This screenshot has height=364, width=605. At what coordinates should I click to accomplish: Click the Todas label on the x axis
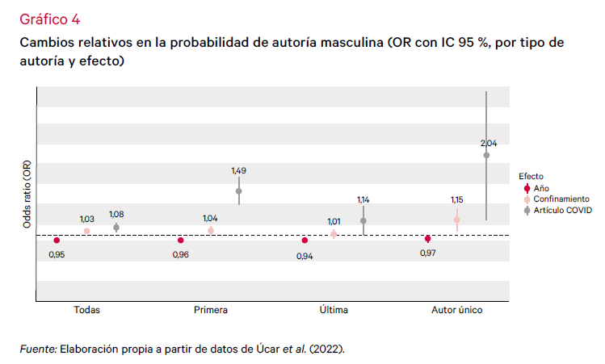coord(86,309)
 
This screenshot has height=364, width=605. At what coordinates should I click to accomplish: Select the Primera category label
coord(211,309)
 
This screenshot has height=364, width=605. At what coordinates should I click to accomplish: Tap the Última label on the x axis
coord(334,309)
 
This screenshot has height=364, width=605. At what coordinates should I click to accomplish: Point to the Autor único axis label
coord(457,309)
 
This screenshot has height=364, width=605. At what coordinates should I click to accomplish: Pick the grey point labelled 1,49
coord(239,191)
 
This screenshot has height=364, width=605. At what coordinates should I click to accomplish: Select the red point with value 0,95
coord(57,241)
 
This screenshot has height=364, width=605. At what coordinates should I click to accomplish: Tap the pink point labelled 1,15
coord(456,220)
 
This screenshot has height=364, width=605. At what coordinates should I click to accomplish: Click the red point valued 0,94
coord(305,241)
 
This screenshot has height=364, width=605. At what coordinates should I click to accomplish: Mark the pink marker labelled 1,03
coord(87,231)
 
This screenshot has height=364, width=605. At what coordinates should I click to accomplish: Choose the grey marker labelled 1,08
coord(116,227)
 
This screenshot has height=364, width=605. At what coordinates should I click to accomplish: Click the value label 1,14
coord(363,199)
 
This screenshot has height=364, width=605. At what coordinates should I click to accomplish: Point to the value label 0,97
coord(428,253)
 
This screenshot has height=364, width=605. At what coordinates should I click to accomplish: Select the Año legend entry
coord(542,187)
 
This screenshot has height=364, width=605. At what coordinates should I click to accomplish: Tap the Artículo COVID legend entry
coord(562,210)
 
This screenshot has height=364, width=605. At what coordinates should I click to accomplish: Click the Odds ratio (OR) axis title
coord(27,194)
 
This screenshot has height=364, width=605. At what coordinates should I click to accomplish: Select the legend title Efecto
coord(531,175)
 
